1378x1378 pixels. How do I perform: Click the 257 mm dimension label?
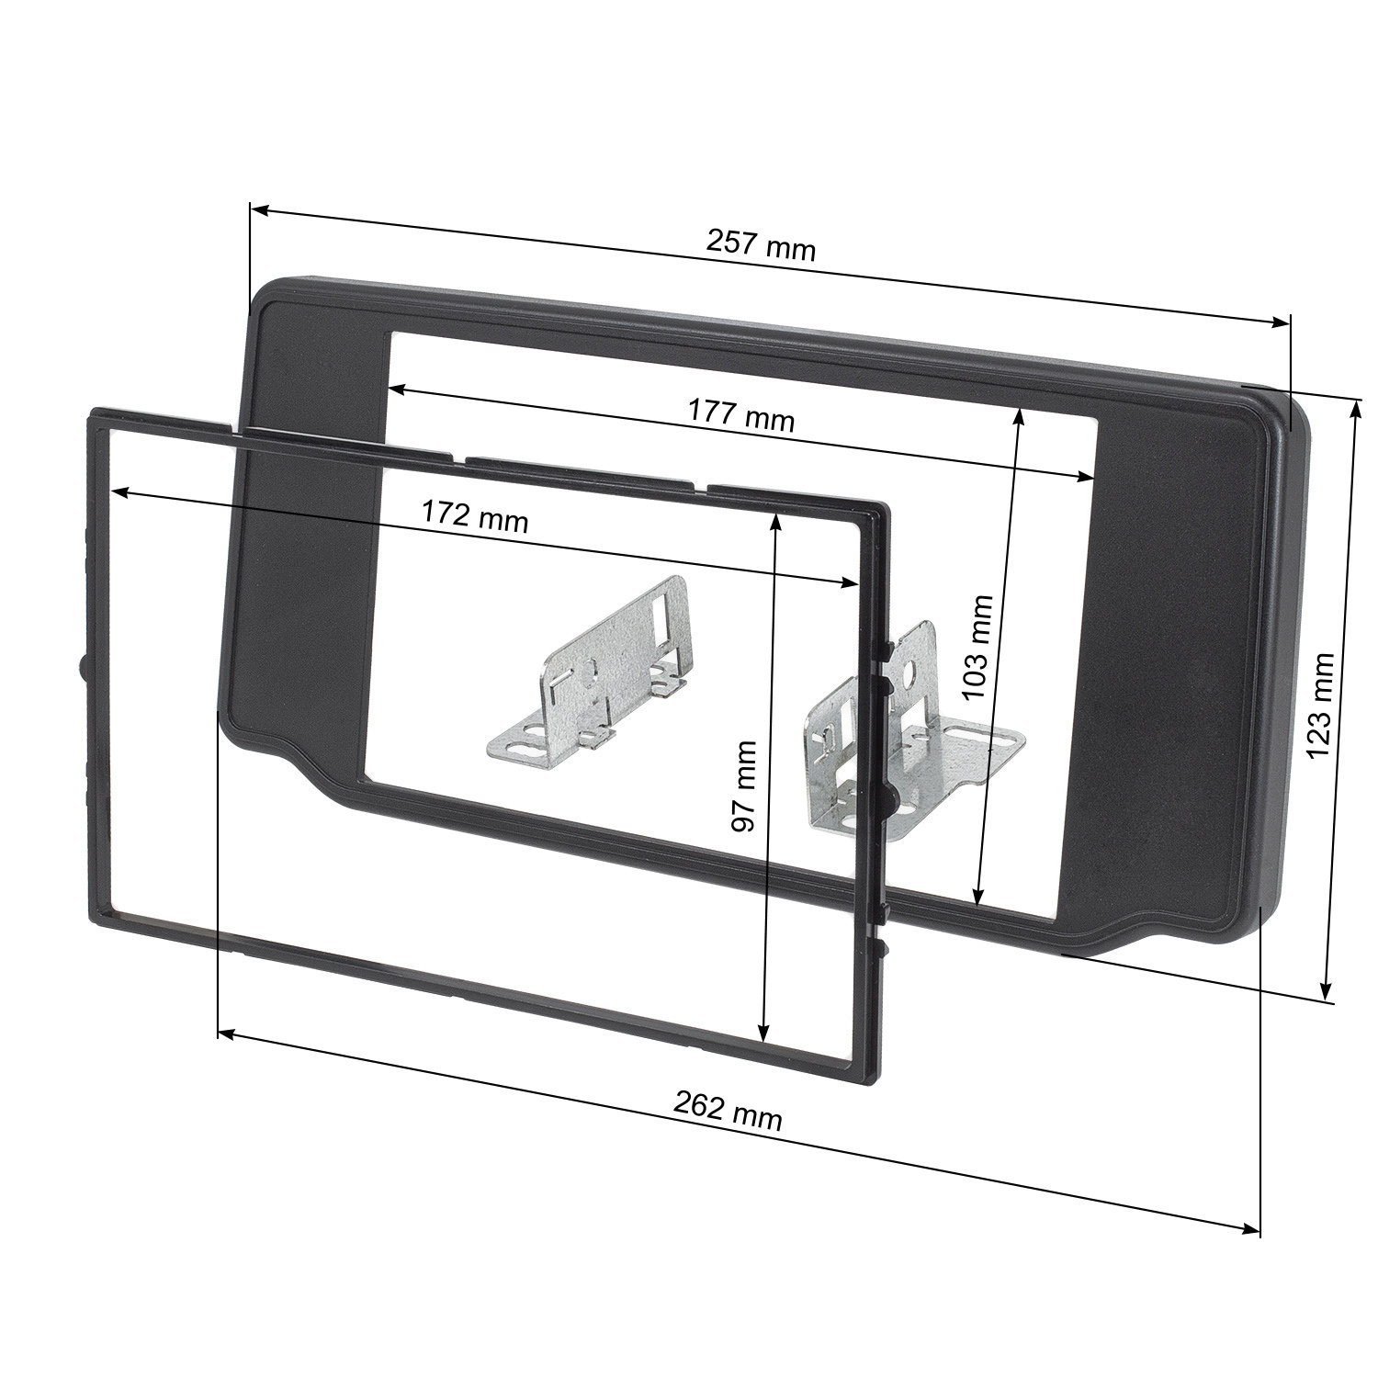tap(761, 244)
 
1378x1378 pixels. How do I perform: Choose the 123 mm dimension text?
tap(1320, 705)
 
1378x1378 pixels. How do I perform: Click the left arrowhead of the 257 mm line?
tap(258, 211)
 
